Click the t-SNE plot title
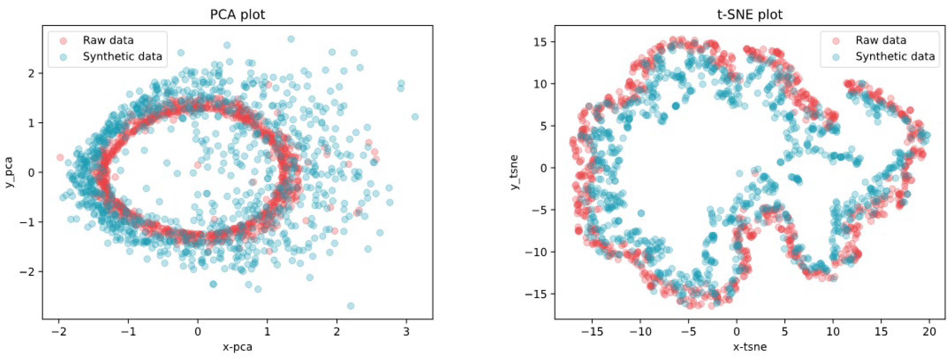[749, 14]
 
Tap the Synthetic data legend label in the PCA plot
[122, 56]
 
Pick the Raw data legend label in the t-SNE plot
[881, 40]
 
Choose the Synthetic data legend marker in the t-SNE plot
[836, 56]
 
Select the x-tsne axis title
[749, 347]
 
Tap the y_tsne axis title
[514, 172]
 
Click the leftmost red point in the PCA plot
[60, 158]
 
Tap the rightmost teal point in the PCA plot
[415, 117]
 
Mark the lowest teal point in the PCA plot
[351, 306]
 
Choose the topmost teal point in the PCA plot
[291, 39]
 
